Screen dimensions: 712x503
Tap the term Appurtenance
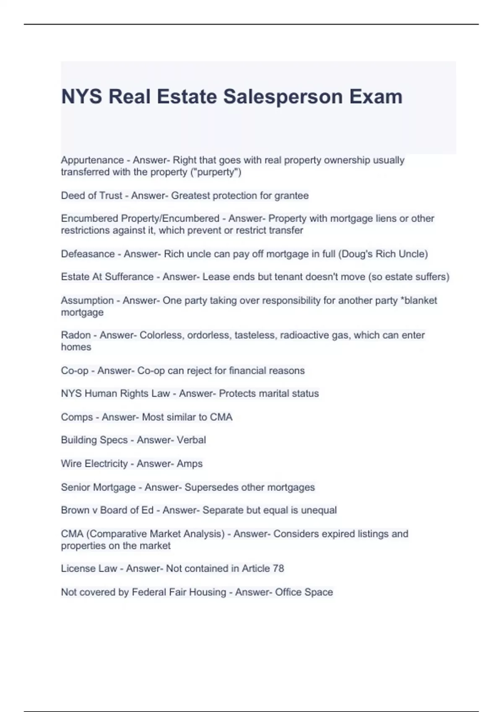pos(92,160)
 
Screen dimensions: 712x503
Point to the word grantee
pos(291,196)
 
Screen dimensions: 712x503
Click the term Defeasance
pos(88,254)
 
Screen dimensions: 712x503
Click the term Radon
pos(75,335)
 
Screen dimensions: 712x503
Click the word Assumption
pos(87,300)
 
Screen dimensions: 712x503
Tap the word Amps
pos(189,464)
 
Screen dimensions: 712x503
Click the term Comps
pos(77,417)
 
